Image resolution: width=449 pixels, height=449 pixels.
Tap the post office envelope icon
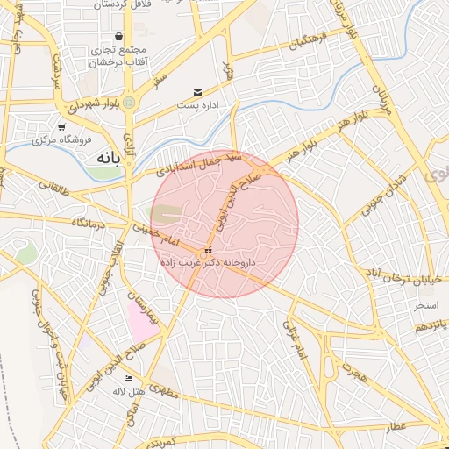[197, 92]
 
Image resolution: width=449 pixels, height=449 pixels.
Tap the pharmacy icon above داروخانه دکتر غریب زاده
[208, 250]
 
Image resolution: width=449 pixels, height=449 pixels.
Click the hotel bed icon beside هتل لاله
[129, 378]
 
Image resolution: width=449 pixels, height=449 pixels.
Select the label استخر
[427, 306]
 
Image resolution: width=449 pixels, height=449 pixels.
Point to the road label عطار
[395, 426]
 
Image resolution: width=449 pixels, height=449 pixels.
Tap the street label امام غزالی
[295, 338]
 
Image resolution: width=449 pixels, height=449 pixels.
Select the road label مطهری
[162, 389]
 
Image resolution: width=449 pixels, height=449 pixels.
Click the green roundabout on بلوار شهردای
[129, 103]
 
